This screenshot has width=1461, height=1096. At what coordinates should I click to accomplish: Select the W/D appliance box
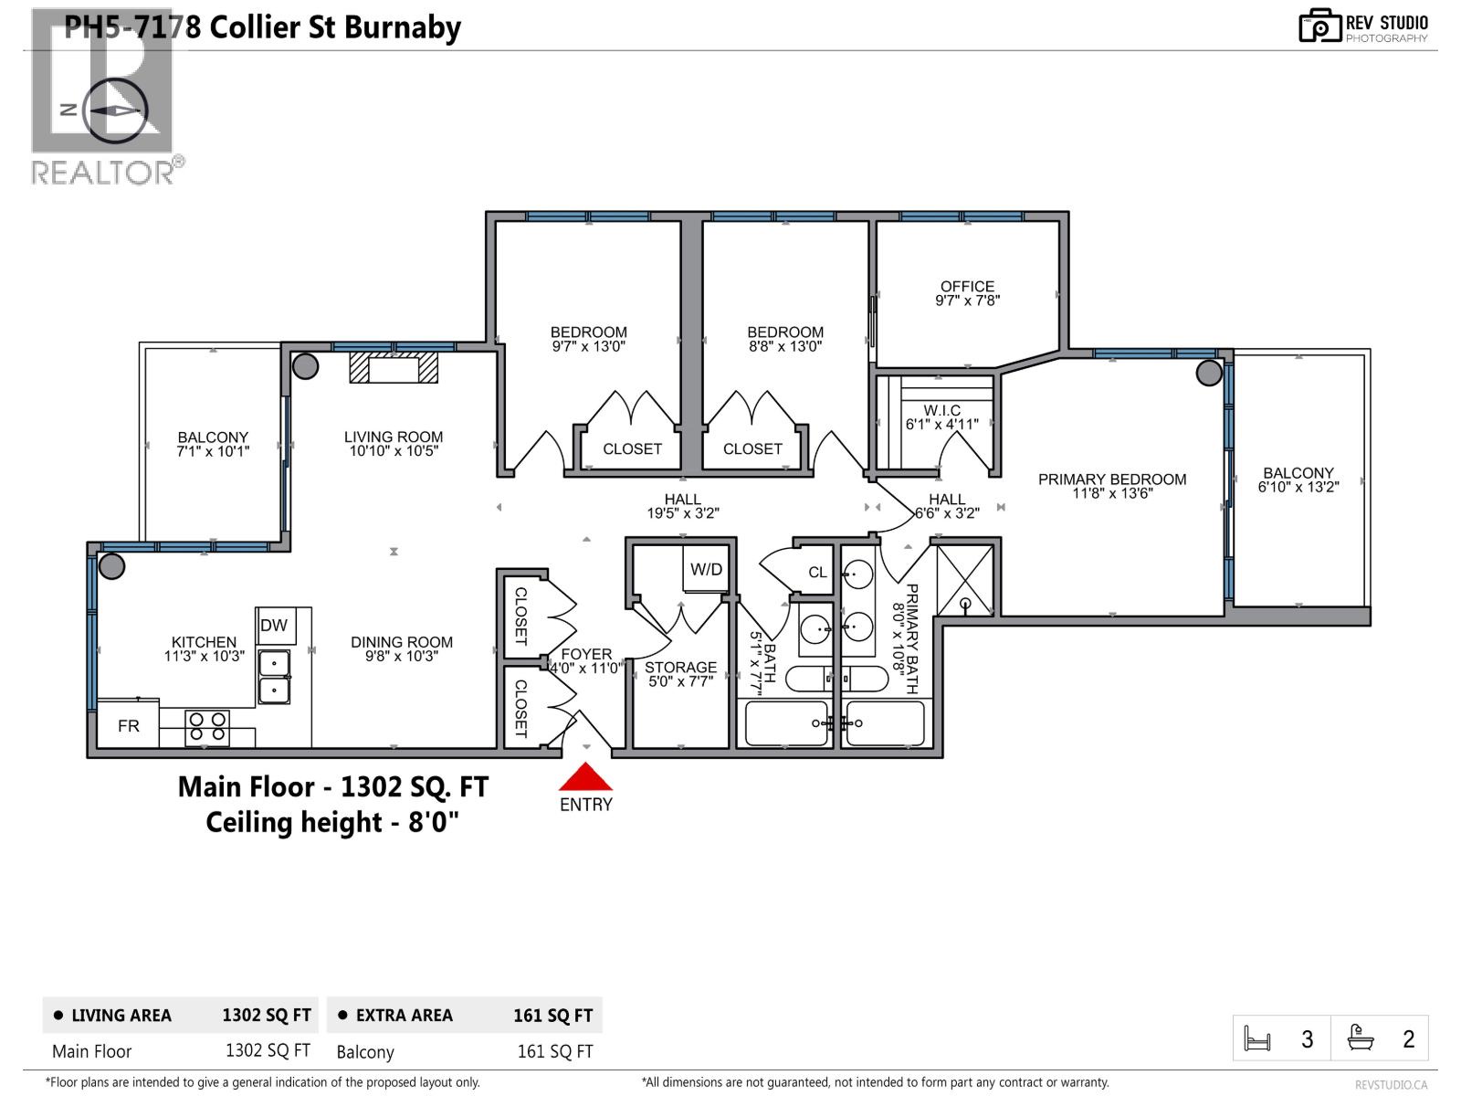[x=706, y=570]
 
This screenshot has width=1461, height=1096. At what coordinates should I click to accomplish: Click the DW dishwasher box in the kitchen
[x=274, y=626]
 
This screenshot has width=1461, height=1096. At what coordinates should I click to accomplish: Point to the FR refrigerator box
[x=129, y=725]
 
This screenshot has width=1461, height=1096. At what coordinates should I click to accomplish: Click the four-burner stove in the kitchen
[x=207, y=727]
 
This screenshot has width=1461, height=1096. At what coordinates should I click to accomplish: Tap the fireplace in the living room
[x=394, y=367]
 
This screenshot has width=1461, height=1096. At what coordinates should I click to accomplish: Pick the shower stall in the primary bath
[x=965, y=580]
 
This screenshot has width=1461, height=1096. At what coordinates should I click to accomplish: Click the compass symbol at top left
[x=115, y=110]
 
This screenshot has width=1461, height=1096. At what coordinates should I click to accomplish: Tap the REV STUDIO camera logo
[x=1319, y=26]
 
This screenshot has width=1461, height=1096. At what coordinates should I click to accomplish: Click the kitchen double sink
[x=274, y=676]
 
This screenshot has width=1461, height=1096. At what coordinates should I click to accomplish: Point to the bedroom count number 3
[x=1308, y=1039]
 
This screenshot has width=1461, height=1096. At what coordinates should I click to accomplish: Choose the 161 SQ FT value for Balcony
[x=554, y=1051]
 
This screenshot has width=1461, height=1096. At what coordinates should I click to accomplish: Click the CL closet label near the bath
[x=817, y=573]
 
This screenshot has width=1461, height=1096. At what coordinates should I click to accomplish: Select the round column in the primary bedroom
[x=1209, y=373]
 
